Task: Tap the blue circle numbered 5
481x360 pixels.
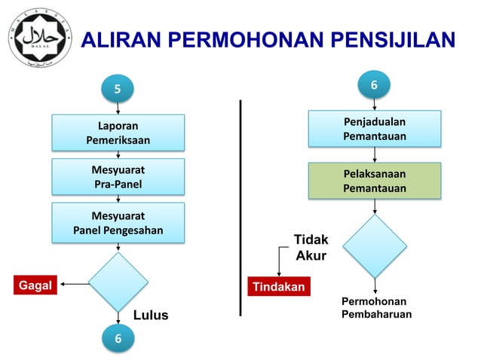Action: pos(118,90)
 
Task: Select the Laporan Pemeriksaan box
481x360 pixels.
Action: pos(118,133)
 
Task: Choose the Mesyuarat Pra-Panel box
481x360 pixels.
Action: pos(118,176)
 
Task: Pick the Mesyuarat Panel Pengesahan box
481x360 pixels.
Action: pos(118,221)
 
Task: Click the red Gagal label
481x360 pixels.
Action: pos(35,285)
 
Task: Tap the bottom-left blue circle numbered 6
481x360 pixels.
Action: pos(118,339)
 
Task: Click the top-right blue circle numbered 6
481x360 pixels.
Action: pos(374,87)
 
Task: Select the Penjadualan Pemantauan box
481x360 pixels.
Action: pos(374,129)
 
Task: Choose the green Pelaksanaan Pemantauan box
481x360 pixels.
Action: pos(374,181)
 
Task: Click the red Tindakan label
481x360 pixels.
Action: pos(279,287)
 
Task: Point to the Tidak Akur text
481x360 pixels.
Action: pos(311,247)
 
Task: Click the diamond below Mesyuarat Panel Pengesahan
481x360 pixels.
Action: pos(118,282)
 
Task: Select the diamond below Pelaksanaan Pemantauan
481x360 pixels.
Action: pos(374,246)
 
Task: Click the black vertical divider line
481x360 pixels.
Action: pos(241,207)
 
